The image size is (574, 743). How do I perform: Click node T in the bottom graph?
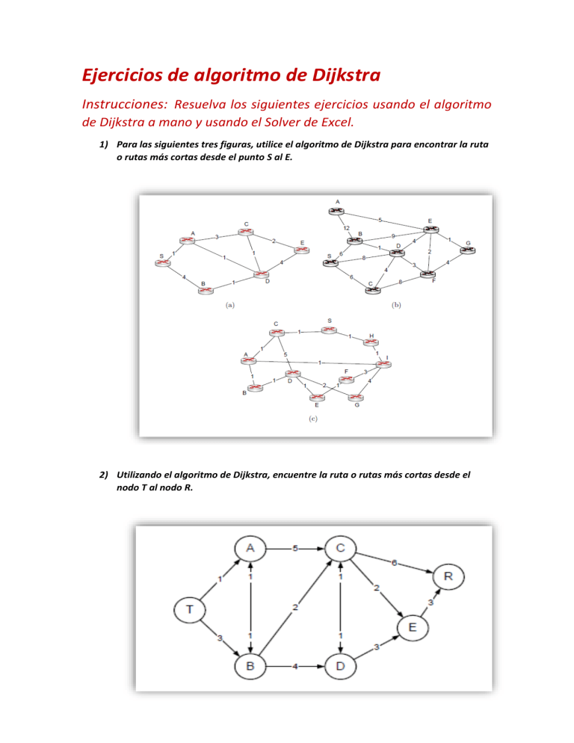click(x=190, y=608)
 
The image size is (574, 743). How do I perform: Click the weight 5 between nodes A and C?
click(x=295, y=549)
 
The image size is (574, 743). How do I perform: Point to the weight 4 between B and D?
click(x=297, y=665)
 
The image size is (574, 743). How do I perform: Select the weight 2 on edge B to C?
click(x=295, y=607)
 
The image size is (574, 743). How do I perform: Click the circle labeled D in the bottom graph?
click(x=341, y=665)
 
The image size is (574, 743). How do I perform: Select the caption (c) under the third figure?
click(x=314, y=419)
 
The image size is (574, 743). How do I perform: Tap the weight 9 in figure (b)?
click(x=392, y=235)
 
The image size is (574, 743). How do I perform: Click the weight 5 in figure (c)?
click(x=285, y=354)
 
